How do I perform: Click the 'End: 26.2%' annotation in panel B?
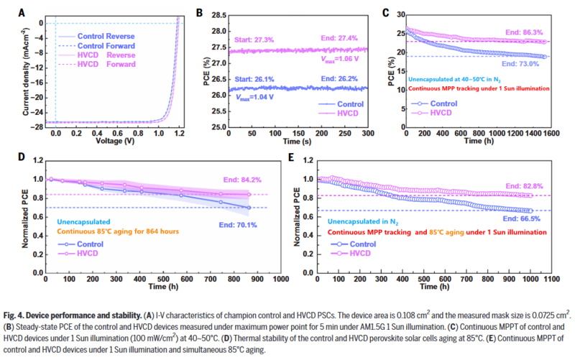click(338, 80)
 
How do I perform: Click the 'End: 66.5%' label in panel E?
click(528, 218)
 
